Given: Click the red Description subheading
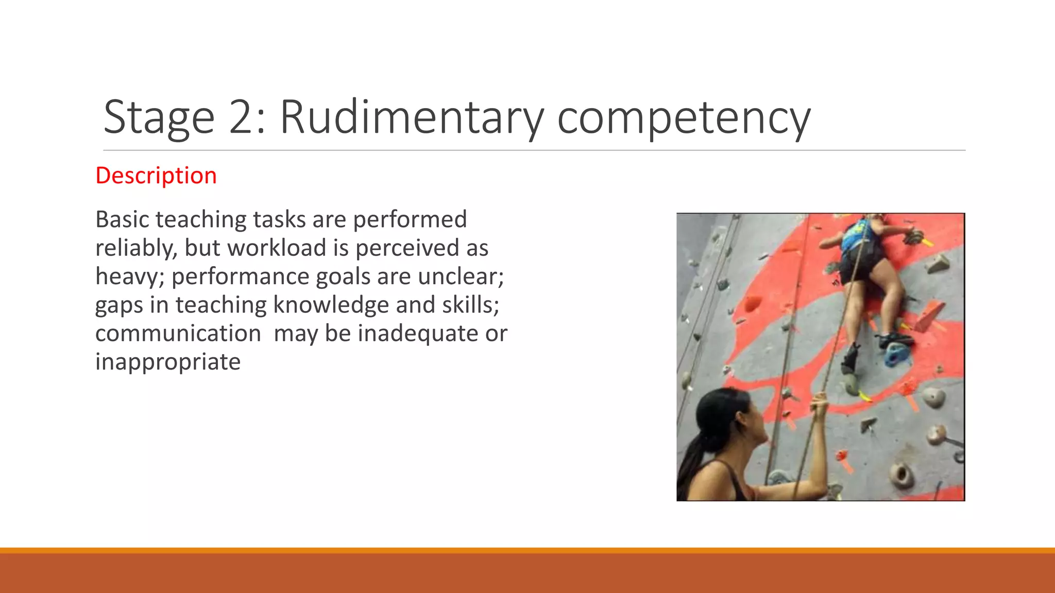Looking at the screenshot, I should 156,176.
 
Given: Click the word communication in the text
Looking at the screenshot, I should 178,334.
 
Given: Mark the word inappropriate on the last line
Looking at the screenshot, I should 168,362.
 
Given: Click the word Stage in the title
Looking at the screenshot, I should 159,118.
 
